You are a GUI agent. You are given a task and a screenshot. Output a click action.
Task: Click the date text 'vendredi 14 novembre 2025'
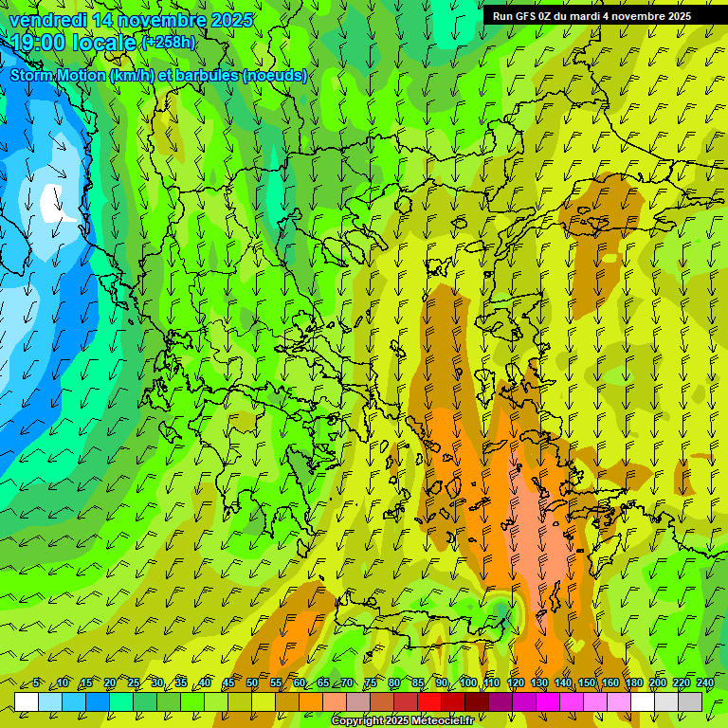coord(131,20)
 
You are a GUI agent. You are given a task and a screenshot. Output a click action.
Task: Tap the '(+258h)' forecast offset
coord(169,42)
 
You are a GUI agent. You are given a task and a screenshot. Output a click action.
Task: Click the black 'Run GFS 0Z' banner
coord(591,16)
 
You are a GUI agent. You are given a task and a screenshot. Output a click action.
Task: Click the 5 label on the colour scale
coord(36,682)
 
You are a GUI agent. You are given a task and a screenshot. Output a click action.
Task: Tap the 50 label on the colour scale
coord(252,682)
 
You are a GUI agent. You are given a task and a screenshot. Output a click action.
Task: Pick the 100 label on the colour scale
coord(468,682)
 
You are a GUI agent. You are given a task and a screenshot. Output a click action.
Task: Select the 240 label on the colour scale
coord(704,682)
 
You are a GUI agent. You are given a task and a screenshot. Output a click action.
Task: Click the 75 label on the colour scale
coord(371,682)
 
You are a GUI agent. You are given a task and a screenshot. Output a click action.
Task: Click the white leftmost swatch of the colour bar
coord(27,701)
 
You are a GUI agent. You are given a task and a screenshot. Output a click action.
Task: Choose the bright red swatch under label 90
coord(429,701)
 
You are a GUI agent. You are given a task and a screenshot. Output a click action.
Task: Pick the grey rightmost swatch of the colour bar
coord(690,701)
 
